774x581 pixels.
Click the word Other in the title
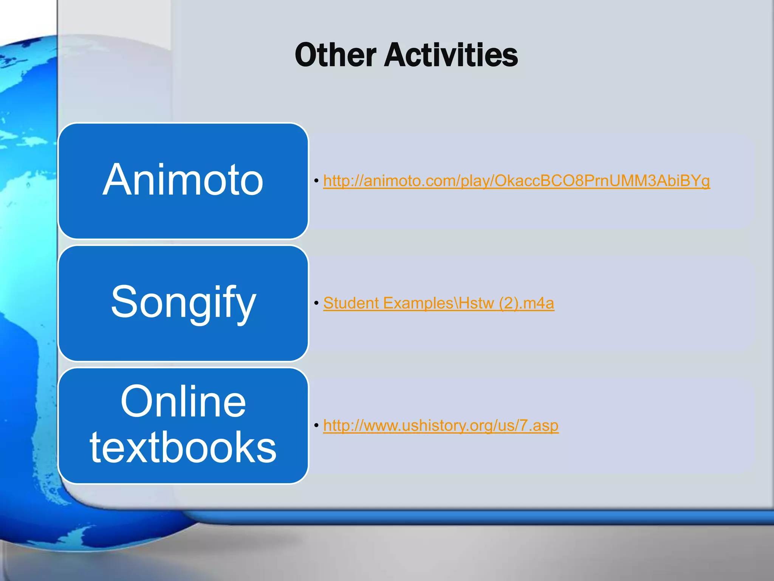pyautogui.click(x=336, y=55)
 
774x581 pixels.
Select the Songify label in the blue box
pyautogui.click(x=183, y=302)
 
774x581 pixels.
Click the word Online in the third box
pyautogui.click(x=183, y=401)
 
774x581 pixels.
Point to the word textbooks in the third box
pyautogui.click(x=183, y=447)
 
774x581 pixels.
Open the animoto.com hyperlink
pyautogui.click(x=516, y=181)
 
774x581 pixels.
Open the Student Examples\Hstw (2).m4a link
pyautogui.click(x=438, y=303)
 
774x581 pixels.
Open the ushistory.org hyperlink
pyautogui.click(x=441, y=426)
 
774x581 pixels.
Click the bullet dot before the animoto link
pyautogui.click(x=316, y=181)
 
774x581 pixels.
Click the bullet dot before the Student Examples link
pyautogui.click(x=316, y=303)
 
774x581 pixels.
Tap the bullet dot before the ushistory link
pyautogui.click(x=316, y=426)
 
